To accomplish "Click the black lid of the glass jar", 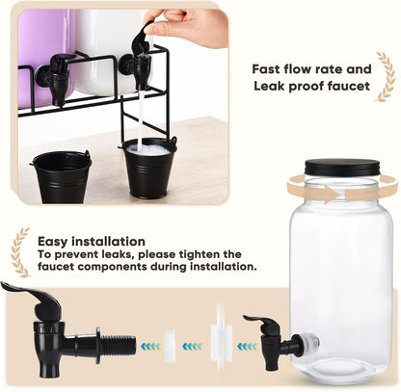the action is [x=342, y=168].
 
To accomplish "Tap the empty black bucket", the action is [x=62, y=176].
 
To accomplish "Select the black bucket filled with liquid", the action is [x=148, y=168].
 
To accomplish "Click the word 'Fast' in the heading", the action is [x=266, y=69].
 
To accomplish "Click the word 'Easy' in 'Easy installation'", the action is [x=53, y=242].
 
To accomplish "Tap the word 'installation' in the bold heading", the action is [x=108, y=241].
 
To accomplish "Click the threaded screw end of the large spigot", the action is [x=118, y=346].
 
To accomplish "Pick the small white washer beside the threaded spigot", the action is [x=170, y=346].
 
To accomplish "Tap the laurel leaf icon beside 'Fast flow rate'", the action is [x=385, y=77].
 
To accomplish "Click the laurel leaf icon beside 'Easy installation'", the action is [x=20, y=252].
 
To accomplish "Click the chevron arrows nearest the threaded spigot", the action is [x=150, y=347].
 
